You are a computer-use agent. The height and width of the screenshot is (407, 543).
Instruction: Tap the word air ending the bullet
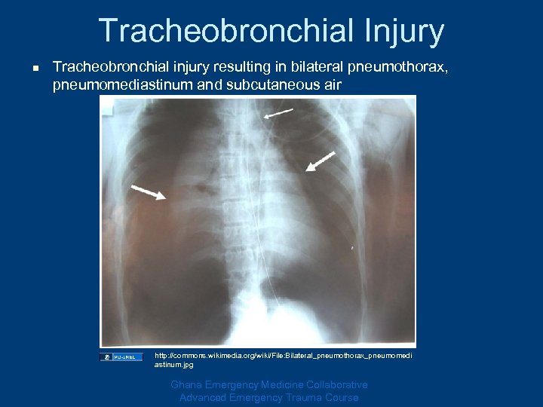point(331,85)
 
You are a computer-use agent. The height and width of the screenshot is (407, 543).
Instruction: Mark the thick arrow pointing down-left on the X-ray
point(321,161)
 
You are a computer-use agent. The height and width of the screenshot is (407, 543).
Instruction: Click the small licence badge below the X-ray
point(121,357)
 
